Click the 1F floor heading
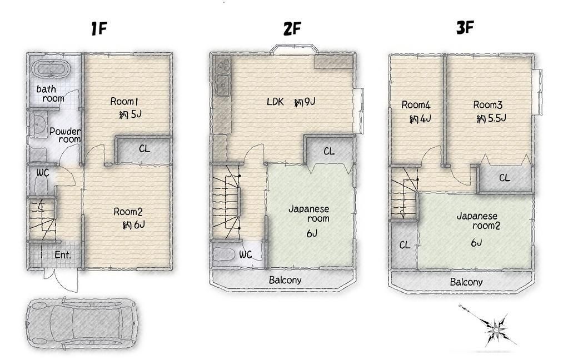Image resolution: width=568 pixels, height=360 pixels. click(x=98, y=28)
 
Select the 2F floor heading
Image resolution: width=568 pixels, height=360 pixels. click(x=292, y=28)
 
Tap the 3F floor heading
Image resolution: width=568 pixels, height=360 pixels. click(x=465, y=27)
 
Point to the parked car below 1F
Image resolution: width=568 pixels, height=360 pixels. click(x=81, y=322)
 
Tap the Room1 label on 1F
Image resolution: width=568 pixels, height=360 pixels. click(x=124, y=102)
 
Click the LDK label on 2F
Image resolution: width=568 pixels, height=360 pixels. click(x=275, y=102)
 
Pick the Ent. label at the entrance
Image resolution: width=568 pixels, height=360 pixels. click(x=63, y=255)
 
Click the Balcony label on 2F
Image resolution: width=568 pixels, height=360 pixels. click(x=285, y=280)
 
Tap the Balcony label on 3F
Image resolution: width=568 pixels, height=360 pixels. click(x=466, y=282)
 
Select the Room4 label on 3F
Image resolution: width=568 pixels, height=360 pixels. click(x=416, y=105)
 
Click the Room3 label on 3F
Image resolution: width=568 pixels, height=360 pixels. click(x=487, y=105)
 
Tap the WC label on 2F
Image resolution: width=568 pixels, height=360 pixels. click(x=245, y=254)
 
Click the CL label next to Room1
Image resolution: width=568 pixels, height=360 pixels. click(x=144, y=148)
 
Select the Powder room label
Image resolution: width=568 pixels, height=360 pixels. click(x=65, y=135)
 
